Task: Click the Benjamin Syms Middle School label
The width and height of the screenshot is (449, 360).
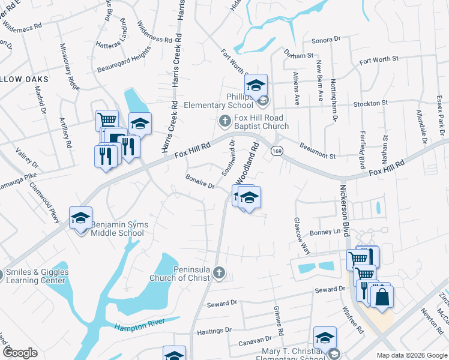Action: (x=119, y=229)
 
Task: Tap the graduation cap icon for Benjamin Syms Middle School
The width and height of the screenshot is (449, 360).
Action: (x=80, y=217)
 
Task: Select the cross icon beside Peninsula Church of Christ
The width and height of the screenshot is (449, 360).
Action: (x=218, y=273)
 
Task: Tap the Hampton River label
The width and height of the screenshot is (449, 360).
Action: (x=139, y=326)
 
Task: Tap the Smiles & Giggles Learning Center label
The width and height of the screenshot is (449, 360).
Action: (x=37, y=276)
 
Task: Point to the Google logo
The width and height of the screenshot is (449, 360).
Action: (x=20, y=352)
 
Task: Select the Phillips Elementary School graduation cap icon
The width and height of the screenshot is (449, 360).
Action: (x=256, y=85)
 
